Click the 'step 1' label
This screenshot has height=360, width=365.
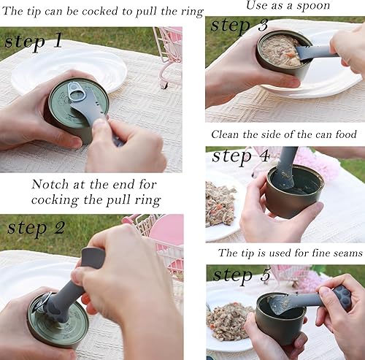(x=34, y=40)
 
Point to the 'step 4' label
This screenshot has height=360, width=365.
(x=242, y=156)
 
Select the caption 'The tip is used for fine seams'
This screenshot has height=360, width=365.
(x=290, y=253)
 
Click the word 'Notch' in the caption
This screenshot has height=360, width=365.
(x=49, y=184)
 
